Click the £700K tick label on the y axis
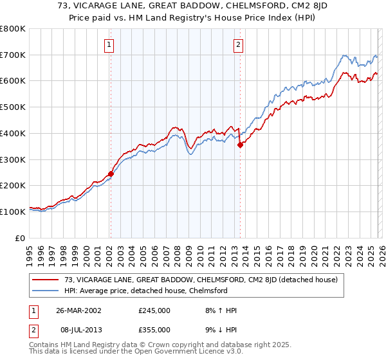click(x=13, y=55)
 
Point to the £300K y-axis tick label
click(x=13, y=159)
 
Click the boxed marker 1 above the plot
click(x=110, y=45)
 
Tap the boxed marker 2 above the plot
click(x=238, y=45)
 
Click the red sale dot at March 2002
click(x=111, y=174)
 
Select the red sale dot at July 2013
click(x=240, y=145)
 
